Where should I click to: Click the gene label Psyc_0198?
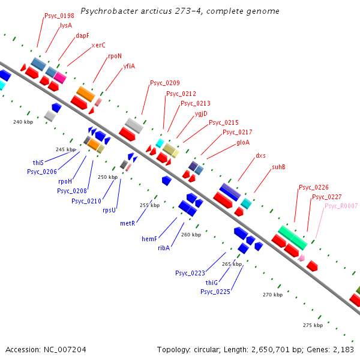coord(59,16)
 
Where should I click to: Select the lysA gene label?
coord(66,25)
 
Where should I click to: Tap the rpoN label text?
coord(115,56)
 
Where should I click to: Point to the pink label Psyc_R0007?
coord(341,206)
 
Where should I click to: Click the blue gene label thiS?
coord(38,163)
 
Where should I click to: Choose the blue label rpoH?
coord(65,181)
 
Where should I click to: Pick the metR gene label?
coord(128,223)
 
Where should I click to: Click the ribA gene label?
coord(164,248)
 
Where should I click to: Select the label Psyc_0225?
coord(215,292)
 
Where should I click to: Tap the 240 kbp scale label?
coord(23,122)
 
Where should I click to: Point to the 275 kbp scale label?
coord(313,325)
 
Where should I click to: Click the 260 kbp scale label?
coord(191,235)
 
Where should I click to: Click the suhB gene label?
coord(278,167)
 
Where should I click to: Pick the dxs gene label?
coord(260,155)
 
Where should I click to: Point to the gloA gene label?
coord(243,142)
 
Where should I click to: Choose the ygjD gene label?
coord(201,113)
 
